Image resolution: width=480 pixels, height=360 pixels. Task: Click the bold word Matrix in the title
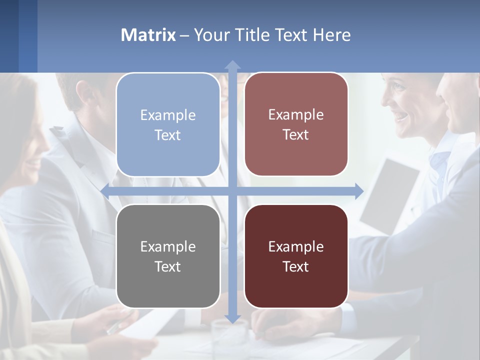coord(148,35)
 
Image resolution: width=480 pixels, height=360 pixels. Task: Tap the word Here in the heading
coord(331,35)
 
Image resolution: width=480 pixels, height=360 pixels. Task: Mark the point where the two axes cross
coord(232,191)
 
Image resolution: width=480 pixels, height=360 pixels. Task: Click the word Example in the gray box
coord(168,246)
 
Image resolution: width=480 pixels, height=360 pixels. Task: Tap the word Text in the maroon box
coord(296,266)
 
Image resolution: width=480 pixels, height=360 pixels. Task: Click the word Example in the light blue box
coord(168,115)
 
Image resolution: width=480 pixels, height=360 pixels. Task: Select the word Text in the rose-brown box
coord(296,135)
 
